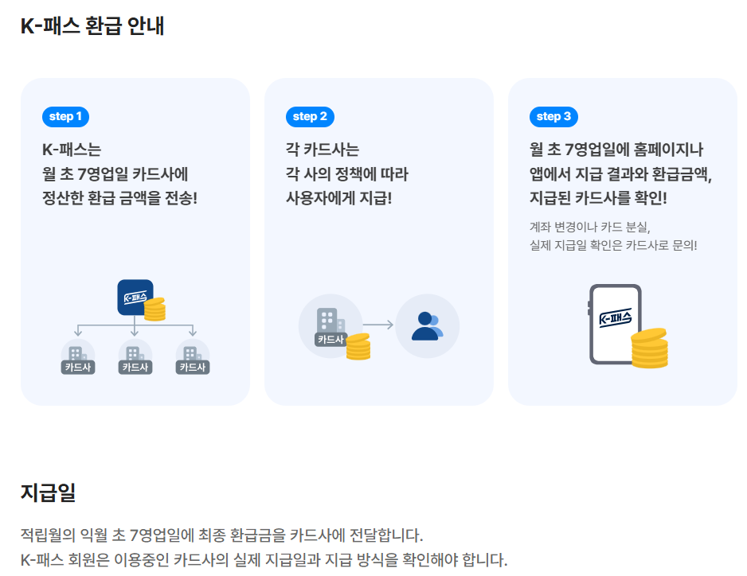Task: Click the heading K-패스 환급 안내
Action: (92, 25)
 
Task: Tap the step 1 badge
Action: (65, 117)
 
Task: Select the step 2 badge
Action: (310, 117)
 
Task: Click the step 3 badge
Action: (553, 117)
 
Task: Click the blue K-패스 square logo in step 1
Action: (134, 297)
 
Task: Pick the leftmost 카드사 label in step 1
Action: (78, 367)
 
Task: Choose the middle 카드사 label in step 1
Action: (135, 367)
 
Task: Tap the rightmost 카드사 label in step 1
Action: (192, 367)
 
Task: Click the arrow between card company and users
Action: (379, 325)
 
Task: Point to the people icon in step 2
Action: (428, 325)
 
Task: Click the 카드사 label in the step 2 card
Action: (330, 339)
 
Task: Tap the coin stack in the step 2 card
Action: (358, 346)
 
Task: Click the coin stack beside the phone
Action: (649, 348)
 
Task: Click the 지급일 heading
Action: (48, 492)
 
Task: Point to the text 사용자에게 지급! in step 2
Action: (338, 197)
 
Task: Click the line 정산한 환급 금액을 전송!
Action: (119, 197)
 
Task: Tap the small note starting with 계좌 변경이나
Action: (590, 225)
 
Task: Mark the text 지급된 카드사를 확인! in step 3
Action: (598, 197)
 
